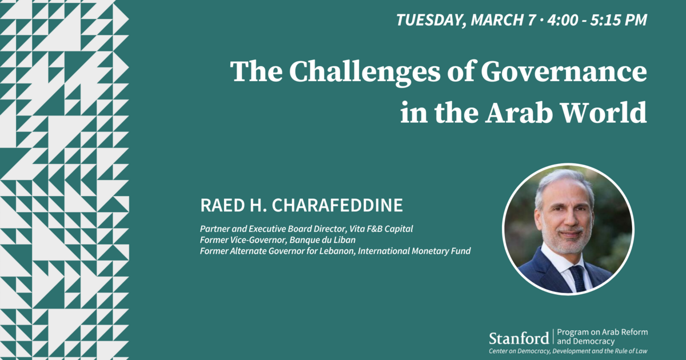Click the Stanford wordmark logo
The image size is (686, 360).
[519, 338]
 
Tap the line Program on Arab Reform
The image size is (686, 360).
[602, 332]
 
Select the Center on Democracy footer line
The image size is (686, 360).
[568, 350]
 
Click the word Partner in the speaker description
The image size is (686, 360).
[213, 229]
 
